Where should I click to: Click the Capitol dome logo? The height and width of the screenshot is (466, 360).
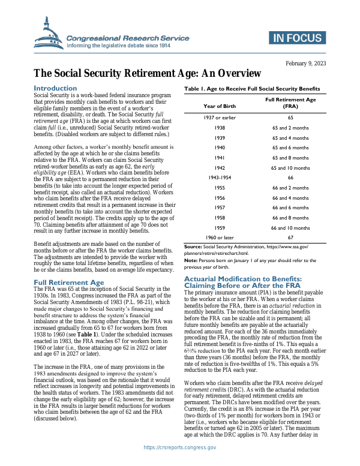click(49, 35)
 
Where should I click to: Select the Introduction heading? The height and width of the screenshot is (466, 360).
click(55, 88)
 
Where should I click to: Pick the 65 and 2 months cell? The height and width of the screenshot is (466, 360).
click(290, 127)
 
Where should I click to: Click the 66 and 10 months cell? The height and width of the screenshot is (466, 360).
click(290, 228)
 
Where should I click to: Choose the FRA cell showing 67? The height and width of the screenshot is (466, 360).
click(290, 237)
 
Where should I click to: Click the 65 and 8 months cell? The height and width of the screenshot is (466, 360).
click(290, 158)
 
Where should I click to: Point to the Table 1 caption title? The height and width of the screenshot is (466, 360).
click(253, 89)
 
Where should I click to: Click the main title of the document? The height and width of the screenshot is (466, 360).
click(147, 74)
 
